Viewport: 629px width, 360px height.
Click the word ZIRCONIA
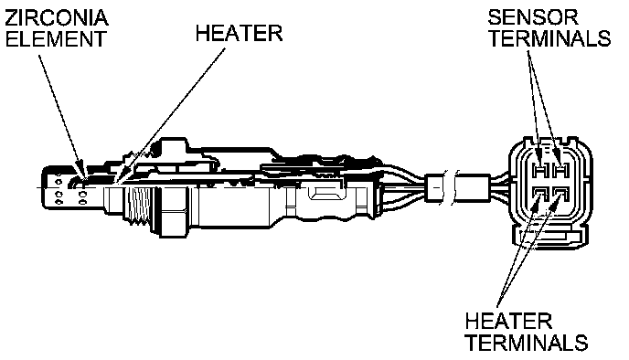pyautogui.click(x=57, y=17)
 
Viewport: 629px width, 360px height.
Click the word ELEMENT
pyautogui.click(x=56, y=39)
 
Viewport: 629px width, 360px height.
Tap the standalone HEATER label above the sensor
pyautogui.click(x=240, y=33)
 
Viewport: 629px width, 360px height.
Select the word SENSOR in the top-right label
pyautogui.click(x=533, y=17)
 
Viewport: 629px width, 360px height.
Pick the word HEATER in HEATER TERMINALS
pyautogui.click(x=508, y=321)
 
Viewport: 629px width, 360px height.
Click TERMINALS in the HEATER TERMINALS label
pyautogui.click(x=528, y=342)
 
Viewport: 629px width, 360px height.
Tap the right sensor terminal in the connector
pyautogui.click(x=560, y=171)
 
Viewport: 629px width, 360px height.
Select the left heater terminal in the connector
pyautogui.click(x=540, y=195)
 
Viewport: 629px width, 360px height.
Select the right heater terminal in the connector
pyautogui.click(x=560, y=195)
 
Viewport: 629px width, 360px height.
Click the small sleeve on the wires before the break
pyautogui.click(x=433, y=188)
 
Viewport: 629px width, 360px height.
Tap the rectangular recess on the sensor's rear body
pyautogui.click(x=326, y=195)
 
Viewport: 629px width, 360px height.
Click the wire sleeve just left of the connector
pyautogui.click(x=472, y=188)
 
